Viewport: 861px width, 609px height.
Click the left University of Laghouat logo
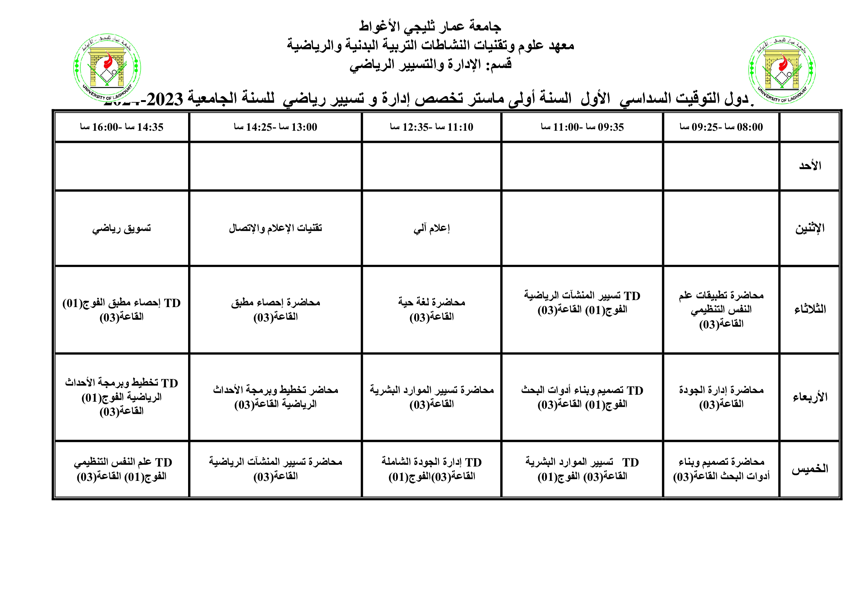[107, 68]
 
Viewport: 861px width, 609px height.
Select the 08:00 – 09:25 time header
[721, 127]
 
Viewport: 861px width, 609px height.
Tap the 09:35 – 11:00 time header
[582, 127]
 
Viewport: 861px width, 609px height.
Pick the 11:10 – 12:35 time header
[431, 127]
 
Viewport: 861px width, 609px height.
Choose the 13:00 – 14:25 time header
[275, 127]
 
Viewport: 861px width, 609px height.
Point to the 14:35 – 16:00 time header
[121, 127]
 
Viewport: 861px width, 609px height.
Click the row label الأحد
[809, 166]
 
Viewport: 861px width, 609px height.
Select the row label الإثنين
[809, 228]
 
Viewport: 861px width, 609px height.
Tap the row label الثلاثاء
[809, 309]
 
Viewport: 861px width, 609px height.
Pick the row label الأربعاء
[809, 397]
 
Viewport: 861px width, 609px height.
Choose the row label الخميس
[809, 469]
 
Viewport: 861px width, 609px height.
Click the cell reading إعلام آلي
[431, 228]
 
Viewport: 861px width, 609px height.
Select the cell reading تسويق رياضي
[121, 228]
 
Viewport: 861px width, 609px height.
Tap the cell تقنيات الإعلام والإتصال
[275, 228]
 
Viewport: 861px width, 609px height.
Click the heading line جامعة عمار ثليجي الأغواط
[430, 26]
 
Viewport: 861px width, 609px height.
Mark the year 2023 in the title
[165, 99]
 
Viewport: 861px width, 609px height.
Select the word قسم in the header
[501, 64]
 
